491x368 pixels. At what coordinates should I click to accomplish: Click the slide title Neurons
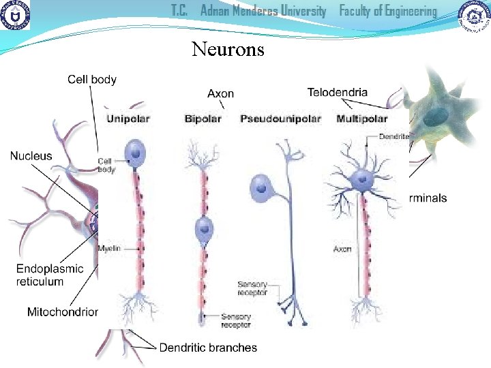coord(228,49)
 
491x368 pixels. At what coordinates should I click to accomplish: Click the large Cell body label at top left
coord(92,80)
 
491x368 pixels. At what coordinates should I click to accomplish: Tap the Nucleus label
coord(31,156)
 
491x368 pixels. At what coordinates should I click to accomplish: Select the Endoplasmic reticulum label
coord(50,275)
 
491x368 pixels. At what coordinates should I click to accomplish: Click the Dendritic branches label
coord(208,348)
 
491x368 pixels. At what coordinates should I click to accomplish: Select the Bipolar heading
coord(203,119)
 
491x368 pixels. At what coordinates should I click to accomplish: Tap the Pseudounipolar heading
coord(280,119)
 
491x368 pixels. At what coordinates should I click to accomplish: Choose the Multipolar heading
coord(362,119)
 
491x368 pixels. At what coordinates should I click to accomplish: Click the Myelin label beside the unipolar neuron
coord(108,249)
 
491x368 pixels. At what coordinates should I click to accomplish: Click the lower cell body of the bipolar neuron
coord(203,229)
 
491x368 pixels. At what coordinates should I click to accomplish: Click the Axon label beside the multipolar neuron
coord(342,249)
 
